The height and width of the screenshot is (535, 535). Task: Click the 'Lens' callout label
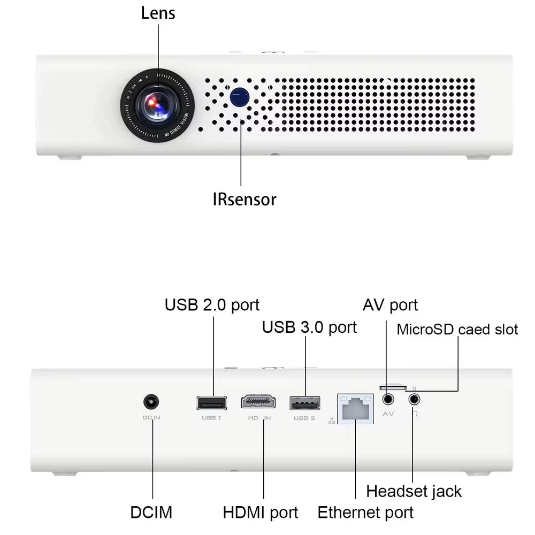(x=158, y=13)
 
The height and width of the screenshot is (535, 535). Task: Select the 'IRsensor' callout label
(x=244, y=200)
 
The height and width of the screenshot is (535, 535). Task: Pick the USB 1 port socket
(x=212, y=402)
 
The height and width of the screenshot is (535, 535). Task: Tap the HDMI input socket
(x=258, y=402)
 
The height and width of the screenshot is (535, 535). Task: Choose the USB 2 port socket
(x=304, y=402)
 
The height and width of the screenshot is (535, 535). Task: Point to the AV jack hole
(x=388, y=399)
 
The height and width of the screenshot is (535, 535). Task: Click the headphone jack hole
(x=414, y=399)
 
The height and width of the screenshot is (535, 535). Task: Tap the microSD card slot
(x=392, y=386)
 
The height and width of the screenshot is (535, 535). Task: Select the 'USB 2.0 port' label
(x=212, y=305)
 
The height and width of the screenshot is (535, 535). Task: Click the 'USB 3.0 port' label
(x=309, y=327)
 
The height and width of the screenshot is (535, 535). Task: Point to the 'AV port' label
(x=390, y=305)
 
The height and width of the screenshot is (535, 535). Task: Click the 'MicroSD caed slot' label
(x=457, y=329)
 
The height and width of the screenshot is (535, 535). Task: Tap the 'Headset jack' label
(x=414, y=491)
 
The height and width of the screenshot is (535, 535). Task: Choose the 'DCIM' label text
(x=151, y=512)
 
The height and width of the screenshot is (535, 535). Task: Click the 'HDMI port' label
(x=261, y=512)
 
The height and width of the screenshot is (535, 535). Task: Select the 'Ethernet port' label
(x=365, y=512)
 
